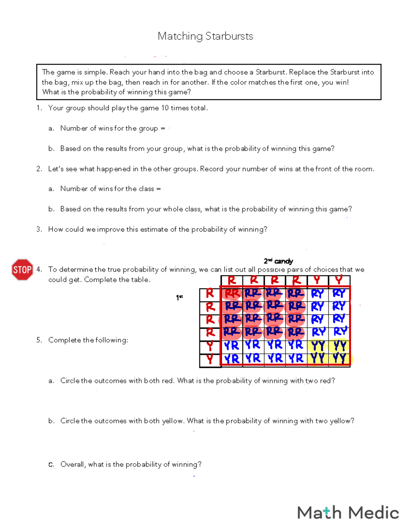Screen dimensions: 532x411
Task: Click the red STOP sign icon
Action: point(22,270)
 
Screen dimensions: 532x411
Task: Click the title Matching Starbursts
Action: point(205,36)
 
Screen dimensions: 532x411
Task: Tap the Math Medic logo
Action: point(348,513)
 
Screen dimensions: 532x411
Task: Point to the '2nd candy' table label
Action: point(278,261)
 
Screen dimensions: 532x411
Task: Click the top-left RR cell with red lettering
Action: point(232,294)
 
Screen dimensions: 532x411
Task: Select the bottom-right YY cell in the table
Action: point(339,358)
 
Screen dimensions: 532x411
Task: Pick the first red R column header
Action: point(232,281)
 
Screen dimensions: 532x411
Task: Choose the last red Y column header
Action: point(339,280)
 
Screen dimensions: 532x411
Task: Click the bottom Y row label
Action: point(210,359)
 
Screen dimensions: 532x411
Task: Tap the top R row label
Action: point(210,293)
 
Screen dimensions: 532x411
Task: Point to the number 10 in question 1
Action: point(165,108)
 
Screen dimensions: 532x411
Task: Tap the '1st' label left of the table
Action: point(179,298)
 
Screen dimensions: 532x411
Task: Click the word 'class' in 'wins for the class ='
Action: point(146,189)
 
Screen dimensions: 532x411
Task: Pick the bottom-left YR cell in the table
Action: point(232,359)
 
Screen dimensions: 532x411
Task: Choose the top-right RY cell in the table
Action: point(339,294)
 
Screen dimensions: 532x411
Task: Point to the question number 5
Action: point(39,340)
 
